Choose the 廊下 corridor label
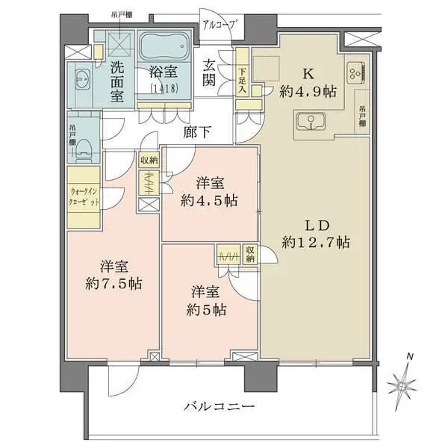coord(197,133)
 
